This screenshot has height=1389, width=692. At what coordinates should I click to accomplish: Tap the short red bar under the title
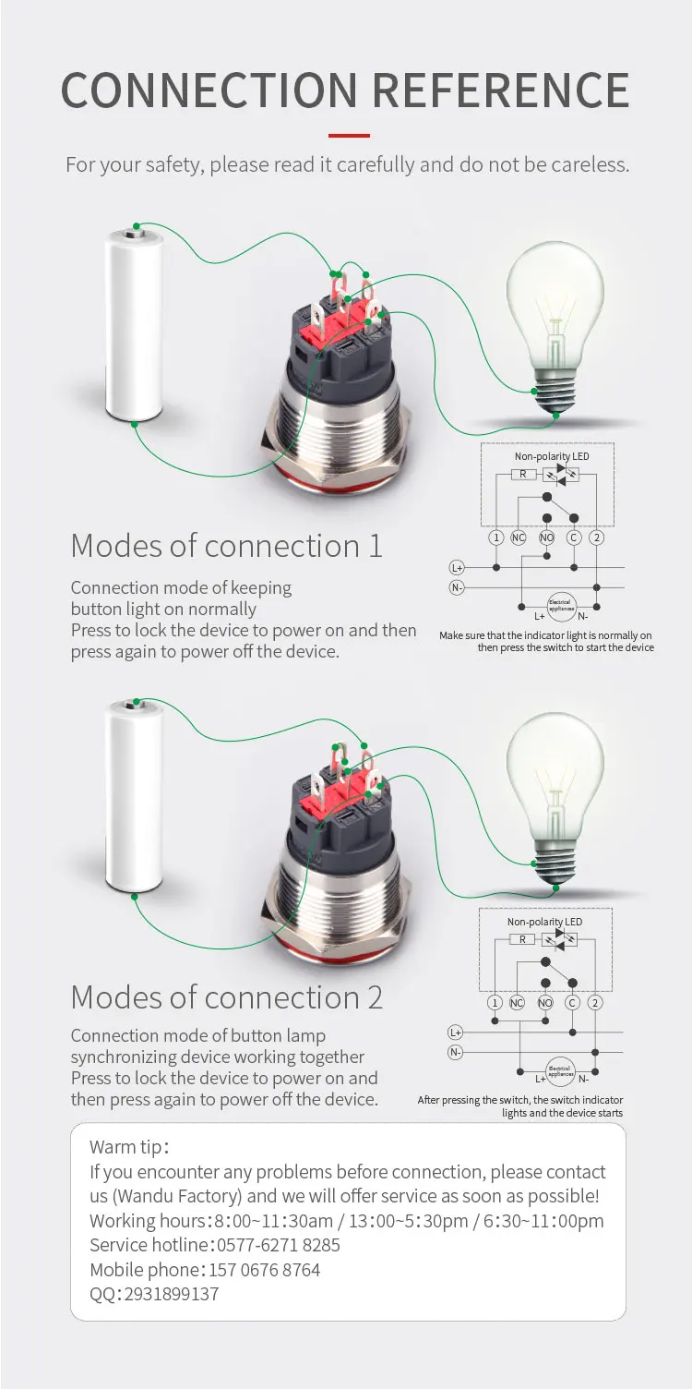(x=349, y=136)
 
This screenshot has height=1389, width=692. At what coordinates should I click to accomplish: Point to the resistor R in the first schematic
(x=522, y=474)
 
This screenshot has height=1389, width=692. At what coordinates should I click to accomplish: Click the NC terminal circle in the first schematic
(x=519, y=537)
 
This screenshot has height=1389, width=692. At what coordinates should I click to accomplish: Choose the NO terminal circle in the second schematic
(x=545, y=1003)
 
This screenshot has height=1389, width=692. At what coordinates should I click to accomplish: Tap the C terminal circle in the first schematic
(x=573, y=537)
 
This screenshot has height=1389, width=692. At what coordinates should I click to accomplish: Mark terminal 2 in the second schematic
(x=596, y=1003)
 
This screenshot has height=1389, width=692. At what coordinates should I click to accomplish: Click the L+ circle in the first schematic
(x=457, y=567)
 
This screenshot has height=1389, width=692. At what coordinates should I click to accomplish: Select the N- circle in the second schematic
(x=455, y=1052)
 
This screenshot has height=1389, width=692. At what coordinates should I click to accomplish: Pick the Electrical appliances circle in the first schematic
(x=561, y=605)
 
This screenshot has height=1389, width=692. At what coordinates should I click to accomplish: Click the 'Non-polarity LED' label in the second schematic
(x=544, y=922)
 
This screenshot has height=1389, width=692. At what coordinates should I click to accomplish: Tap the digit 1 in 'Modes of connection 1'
(x=374, y=546)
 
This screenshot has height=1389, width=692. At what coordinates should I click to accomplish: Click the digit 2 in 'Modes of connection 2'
(x=374, y=997)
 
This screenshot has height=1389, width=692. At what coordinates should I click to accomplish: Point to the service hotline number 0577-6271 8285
(x=279, y=1245)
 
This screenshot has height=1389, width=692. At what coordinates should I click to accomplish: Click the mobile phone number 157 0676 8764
(x=265, y=1270)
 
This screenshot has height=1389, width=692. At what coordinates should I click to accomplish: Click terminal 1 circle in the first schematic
(x=496, y=537)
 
